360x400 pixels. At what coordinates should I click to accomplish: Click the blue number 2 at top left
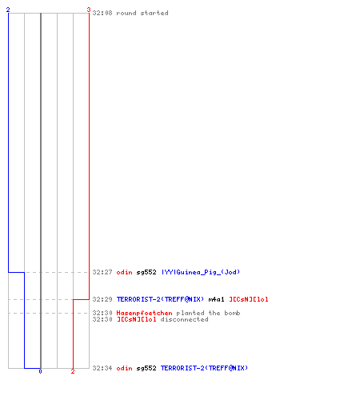[8, 10]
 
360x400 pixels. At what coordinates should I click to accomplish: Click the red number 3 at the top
[89, 10]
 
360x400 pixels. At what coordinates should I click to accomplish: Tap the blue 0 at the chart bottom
[40, 371]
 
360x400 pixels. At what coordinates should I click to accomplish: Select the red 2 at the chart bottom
[73, 371]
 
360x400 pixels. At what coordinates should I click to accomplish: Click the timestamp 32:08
[102, 13]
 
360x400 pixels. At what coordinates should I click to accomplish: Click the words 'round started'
[142, 13]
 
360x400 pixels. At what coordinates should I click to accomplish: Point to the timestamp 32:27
[102, 272]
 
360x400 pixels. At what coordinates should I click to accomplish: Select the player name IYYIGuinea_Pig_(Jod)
[201, 272]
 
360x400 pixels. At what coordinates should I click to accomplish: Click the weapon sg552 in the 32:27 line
[146, 273]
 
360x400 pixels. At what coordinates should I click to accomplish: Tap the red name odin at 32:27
[125, 272]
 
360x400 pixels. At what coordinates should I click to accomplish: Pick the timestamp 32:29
[102, 299]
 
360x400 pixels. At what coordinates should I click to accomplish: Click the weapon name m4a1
[216, 299]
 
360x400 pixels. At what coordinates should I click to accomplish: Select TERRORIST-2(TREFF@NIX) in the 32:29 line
[160, 299]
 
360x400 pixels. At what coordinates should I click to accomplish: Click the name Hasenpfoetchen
[144, 313]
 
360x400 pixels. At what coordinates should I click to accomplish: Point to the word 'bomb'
[232, 313]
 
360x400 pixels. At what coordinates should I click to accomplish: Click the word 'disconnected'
[184, 319]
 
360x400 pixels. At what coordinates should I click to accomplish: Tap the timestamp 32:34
[102, 368]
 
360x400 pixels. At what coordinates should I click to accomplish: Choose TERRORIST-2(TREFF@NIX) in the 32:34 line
[204, 368]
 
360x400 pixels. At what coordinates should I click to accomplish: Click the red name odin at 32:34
[125, 368]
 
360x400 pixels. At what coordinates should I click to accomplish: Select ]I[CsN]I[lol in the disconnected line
[137, 319]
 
